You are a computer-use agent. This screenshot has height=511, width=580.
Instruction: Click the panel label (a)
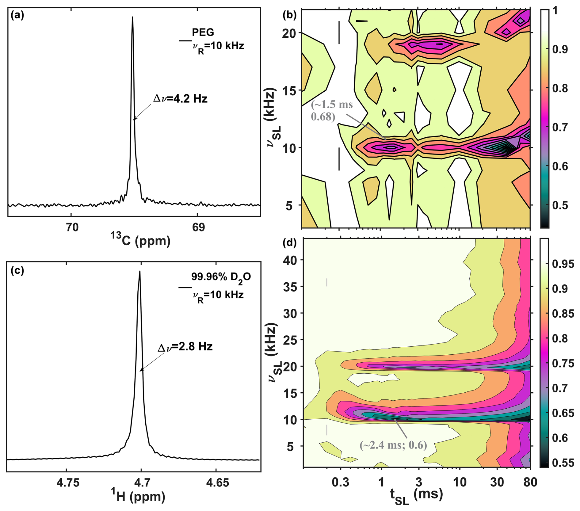point(17,15)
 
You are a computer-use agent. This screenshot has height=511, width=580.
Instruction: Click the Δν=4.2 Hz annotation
point(180,99)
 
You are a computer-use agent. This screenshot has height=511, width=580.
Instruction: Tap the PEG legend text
point(203,32)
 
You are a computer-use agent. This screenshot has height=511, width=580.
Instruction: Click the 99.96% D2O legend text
point(221,277)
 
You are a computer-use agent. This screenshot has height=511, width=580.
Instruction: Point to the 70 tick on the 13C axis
point(72,227)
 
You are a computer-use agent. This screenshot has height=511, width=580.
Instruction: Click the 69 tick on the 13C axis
point(198,227)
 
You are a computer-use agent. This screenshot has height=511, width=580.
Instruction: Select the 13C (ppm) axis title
point(140,241)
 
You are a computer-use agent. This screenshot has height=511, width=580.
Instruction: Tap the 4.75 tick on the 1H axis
point(68,483)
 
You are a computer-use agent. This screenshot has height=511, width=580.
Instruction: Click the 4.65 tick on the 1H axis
point(217,483)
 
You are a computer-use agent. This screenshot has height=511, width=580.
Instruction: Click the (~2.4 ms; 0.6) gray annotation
point(393,445)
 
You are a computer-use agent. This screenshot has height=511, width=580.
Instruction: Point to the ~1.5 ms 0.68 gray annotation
point(332,110)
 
